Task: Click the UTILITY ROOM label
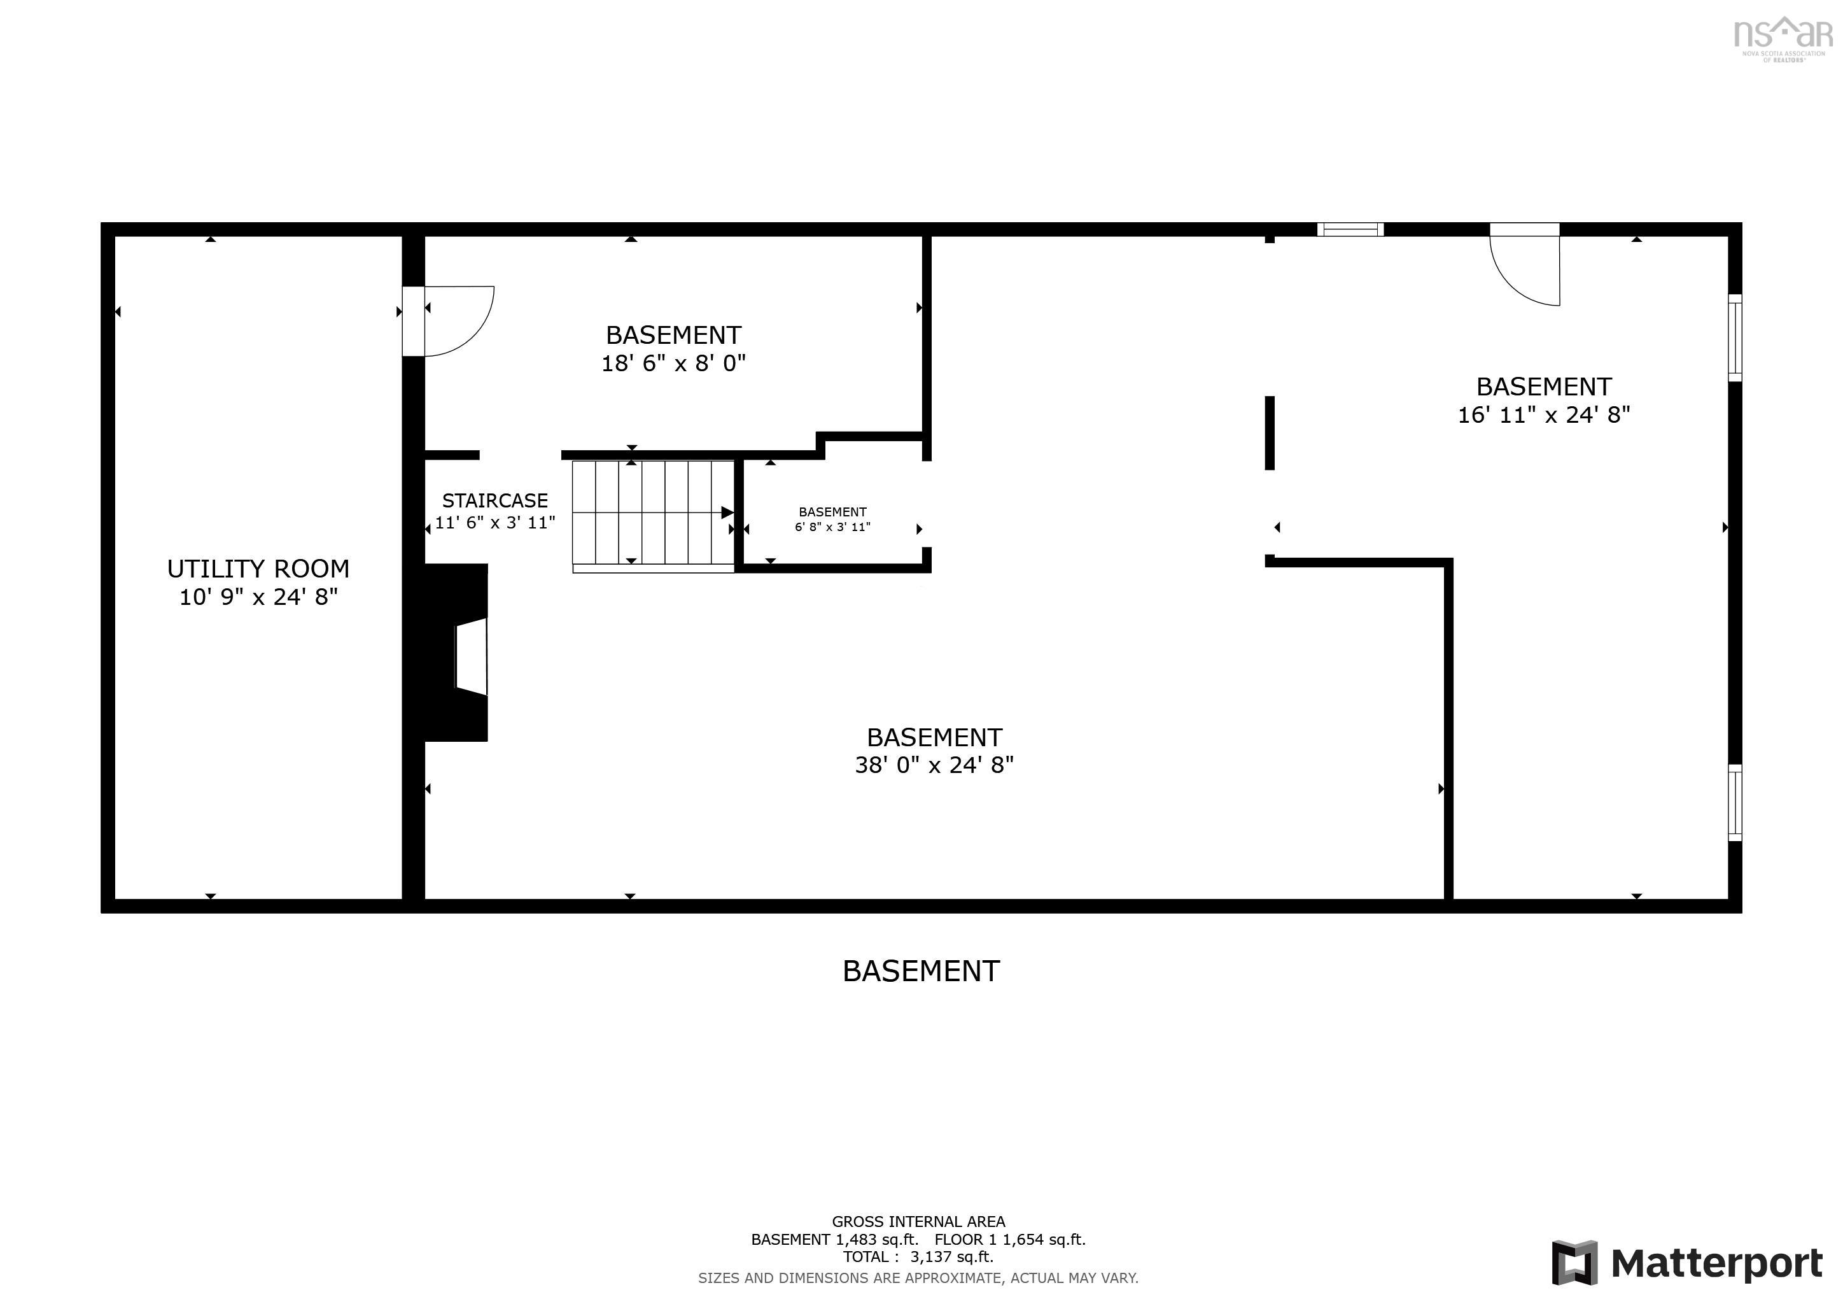(x=258, y=569)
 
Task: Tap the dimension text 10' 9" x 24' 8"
(x=258, y=597)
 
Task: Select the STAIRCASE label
(x=494, y=501)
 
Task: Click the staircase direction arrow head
(x=727, y=513)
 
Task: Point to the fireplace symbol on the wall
(x=456, y=653)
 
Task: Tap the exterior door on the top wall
(x=1524, y=264)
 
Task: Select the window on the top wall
(x=1350, y=230)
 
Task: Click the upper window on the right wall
(x=1735, y=338)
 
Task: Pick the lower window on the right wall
(x=1735, y=803)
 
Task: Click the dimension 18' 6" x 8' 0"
(x=673, y=364)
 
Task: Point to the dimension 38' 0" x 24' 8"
(x=934, y=765)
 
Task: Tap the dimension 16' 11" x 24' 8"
(x=1544, y=415)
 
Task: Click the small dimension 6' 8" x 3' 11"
(x=832, y=528)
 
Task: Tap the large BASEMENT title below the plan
(x=921, y=972)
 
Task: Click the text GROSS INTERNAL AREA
(x=918, y=1222)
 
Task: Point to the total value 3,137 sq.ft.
(x=951, y=1258)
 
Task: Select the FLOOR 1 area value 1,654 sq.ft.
(x=1045, y=1240)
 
